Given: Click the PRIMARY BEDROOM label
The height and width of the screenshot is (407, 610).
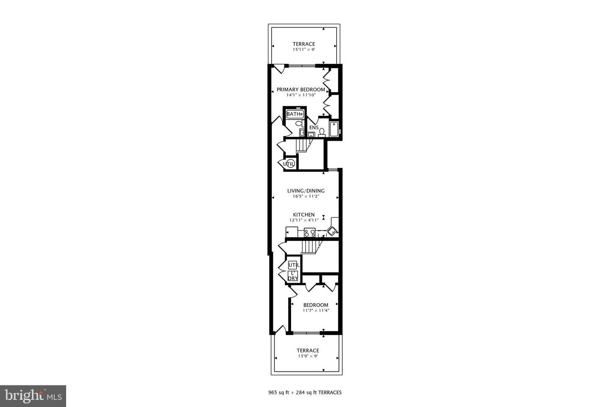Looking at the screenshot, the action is coord(301,89).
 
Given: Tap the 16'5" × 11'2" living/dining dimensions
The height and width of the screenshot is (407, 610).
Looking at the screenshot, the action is coord(306,196).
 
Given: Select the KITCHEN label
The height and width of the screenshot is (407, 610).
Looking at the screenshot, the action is coord(304,215).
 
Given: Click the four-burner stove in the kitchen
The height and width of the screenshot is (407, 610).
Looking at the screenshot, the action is coord(310,232).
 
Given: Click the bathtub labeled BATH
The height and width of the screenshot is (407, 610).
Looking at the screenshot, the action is coord(295,114).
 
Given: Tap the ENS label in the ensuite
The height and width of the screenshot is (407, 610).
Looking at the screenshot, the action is coord(314,128).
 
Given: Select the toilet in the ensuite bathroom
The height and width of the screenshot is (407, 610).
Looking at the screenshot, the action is coord(322,133).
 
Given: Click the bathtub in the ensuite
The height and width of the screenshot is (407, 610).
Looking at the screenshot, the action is coord(334,129).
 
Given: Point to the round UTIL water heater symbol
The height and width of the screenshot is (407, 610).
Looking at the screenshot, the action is coord(289,164).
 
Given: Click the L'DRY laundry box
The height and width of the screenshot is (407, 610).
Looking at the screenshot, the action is coord(293,276).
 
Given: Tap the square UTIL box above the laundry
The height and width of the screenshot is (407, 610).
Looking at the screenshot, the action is coord(292,265).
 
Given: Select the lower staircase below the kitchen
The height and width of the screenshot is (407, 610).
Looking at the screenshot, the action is coord(310,247).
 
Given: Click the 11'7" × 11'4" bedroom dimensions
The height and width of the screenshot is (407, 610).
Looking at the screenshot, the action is coord(316,310).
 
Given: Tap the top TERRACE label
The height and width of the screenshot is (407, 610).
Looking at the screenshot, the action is coord(304,44).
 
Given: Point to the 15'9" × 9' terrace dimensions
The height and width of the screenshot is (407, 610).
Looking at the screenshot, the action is coord(308,356).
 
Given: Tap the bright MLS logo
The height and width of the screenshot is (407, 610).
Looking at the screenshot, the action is coord(33,396).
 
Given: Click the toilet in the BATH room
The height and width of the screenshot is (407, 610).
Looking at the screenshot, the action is coord(299,123).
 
